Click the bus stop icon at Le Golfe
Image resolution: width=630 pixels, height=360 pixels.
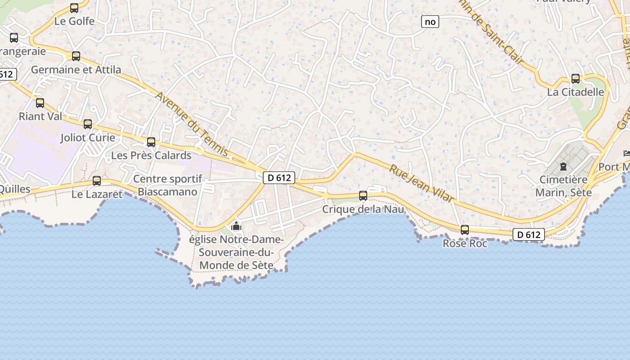click(74, 8)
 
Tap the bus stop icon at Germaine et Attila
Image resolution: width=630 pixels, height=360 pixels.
click(76, 56)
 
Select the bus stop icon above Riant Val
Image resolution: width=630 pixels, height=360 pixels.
click(40, 103)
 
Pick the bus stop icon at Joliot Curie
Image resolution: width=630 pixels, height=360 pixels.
click(88, 124)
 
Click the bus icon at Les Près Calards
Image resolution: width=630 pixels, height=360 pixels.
click(151, 142)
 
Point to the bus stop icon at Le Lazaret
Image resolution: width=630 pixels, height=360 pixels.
click(97, 181)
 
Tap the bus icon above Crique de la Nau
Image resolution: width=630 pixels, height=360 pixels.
click(363, 196)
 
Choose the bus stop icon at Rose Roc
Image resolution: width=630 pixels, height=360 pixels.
click(465, 230)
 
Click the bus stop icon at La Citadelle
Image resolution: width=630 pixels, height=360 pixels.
click(576, 79)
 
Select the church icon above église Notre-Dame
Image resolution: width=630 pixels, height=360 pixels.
click(236, 226)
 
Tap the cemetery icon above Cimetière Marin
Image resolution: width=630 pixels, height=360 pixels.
click(563, 166)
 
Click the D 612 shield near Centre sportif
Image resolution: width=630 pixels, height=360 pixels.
click(279, 178)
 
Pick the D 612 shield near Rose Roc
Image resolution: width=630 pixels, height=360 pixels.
click(529, 234)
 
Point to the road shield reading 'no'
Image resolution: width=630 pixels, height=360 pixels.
click(430, 22)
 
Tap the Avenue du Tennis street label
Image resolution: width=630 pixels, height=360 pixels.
click(192, 124)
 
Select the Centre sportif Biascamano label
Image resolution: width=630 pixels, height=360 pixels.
click(167, 185)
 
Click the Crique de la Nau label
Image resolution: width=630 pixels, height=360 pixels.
click(363, 209)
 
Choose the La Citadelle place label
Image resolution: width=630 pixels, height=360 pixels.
click(576, 92)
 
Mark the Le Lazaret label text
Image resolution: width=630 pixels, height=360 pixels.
click(97, 194)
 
